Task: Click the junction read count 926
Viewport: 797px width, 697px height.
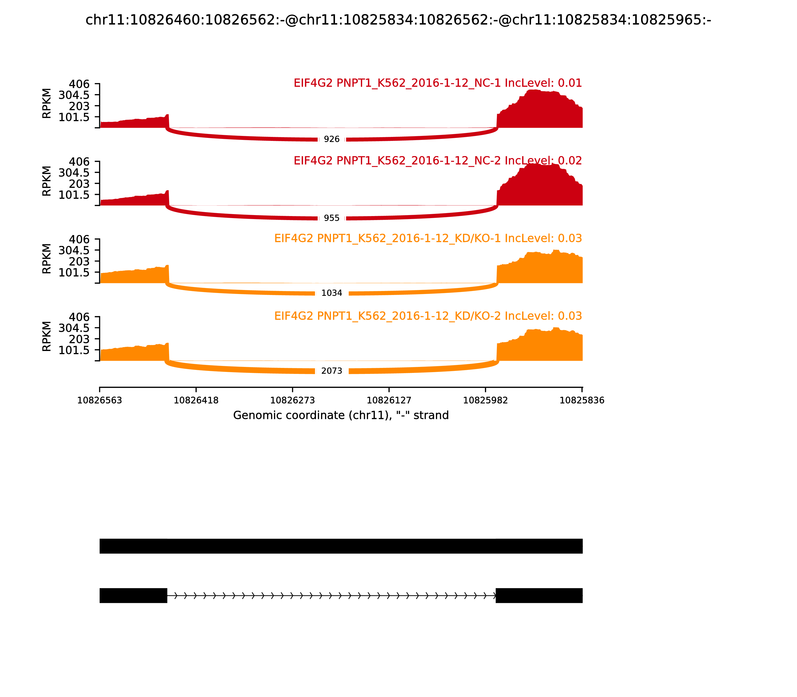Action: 332,139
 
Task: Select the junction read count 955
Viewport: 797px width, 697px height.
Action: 332,218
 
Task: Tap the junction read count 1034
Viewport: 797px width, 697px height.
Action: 332,293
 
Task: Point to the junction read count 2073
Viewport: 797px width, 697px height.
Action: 332,371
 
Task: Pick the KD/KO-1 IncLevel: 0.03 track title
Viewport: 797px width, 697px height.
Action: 428,238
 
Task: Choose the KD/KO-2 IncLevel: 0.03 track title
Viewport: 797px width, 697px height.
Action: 428,316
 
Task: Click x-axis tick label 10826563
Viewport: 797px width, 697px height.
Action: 100,401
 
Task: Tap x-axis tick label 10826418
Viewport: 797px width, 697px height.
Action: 196,401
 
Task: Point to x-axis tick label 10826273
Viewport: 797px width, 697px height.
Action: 293,401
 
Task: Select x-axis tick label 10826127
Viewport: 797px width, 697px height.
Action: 389,401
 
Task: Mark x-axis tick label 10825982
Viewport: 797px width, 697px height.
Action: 485,401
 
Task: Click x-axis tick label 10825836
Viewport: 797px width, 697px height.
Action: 582,401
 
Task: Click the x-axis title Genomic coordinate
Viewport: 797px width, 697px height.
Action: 341,415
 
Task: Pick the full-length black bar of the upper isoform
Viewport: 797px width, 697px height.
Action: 341,546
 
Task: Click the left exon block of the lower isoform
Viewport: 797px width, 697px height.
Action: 133,595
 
